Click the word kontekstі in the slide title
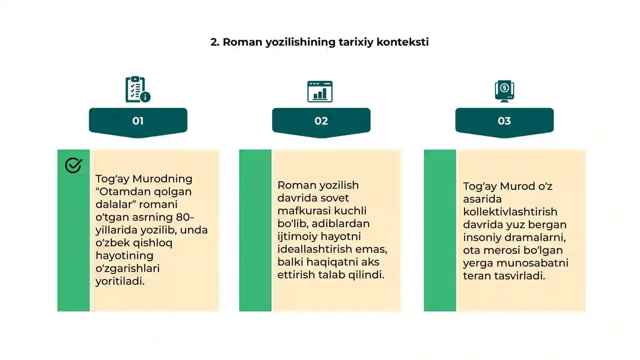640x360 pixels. click(x=402, y=42)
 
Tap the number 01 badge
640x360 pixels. click(x=138, y=122)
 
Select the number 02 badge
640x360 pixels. click(x=321, y=122)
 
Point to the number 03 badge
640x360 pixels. click(x=504, y=122)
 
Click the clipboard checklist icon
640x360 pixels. click(x=138, y=89)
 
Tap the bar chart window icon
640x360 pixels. click(x=320, y=92)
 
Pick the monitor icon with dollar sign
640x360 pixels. click(x=504, y=91)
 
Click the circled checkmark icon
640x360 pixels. click(x=74, y=165)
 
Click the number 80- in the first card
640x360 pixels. click(x=185, y=217)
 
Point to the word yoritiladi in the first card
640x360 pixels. click(x=120, y=282)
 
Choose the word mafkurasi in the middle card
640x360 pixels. click(x=304, y=211)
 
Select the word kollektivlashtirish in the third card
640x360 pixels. click(x=510, y=212)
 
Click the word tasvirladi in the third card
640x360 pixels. click(x=520, y=276)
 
